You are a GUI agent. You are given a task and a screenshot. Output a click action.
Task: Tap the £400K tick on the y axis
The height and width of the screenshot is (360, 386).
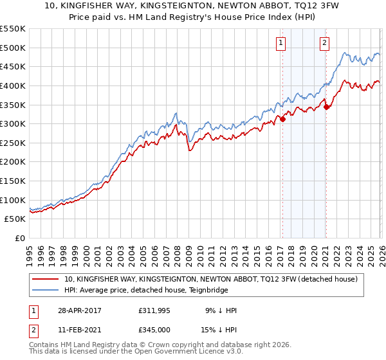(13, 85)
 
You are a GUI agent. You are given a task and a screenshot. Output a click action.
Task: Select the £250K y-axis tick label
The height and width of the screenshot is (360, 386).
(13, 143)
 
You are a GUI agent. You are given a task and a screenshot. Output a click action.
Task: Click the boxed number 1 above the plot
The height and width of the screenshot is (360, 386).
(282, 43)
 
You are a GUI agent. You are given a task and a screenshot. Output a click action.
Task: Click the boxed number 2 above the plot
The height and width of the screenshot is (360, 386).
(324, 43)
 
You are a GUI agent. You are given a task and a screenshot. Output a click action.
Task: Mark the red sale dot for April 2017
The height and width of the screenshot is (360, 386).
(282, 119)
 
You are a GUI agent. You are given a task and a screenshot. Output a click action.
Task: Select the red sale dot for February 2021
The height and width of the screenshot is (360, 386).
(326, 107)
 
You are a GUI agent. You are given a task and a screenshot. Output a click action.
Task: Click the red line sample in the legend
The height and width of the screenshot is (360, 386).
(46, 279)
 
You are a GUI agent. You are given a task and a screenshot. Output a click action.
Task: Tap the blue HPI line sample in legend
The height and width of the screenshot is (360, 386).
(46, 290)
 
